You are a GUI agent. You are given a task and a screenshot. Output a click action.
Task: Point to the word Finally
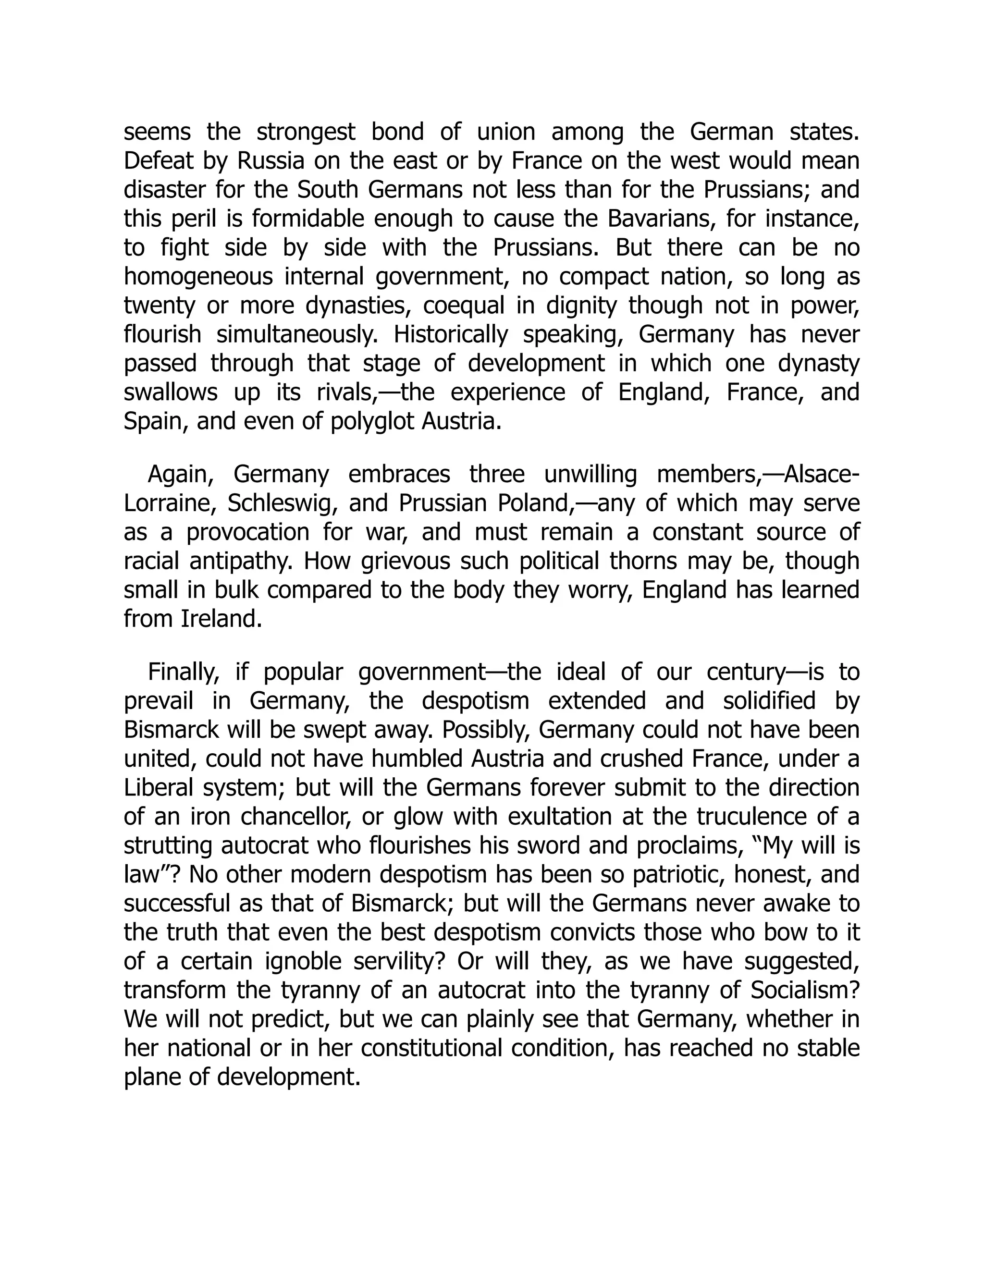[184, 672]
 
